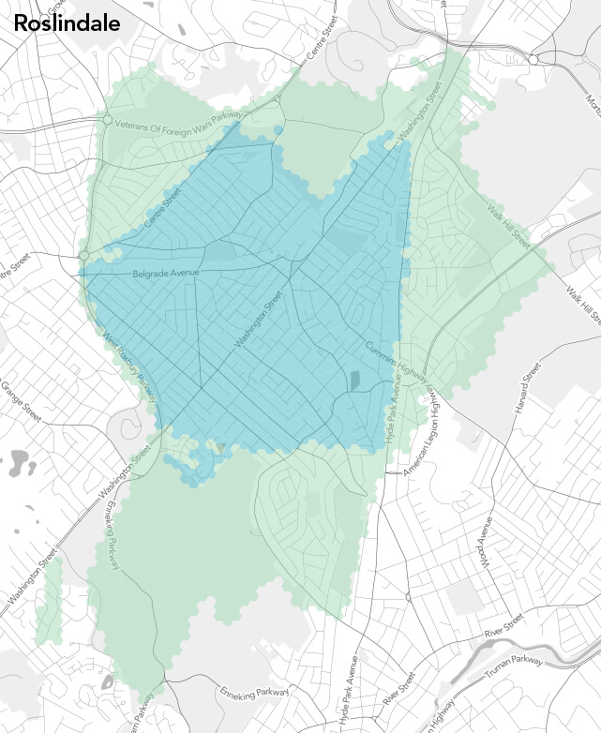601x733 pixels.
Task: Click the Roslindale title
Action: (67, 23)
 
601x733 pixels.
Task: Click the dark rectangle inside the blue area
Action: (354, 381)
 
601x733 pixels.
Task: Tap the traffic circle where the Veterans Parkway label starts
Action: (108, 121)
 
